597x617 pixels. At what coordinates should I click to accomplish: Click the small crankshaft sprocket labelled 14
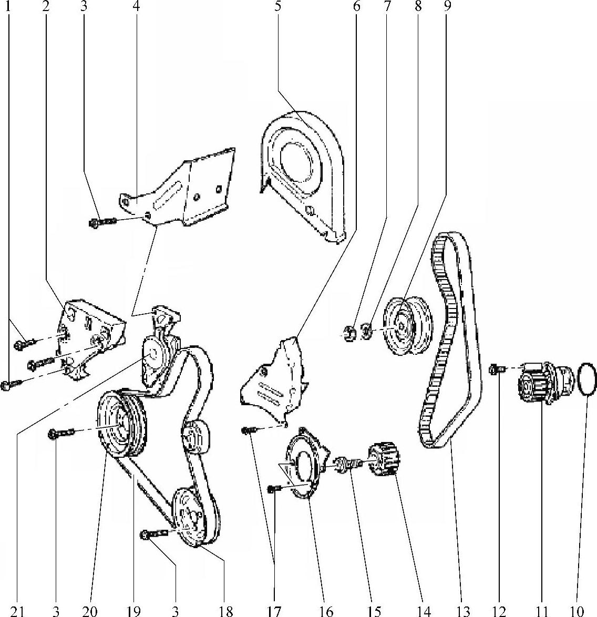coord(384,460)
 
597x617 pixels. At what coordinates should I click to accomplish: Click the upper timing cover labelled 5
coord(302,177)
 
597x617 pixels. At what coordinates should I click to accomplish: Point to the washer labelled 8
coord(366,331)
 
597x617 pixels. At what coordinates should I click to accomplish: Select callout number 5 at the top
coord(277,6)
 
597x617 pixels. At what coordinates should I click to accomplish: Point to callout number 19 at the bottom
coord(133,611)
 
